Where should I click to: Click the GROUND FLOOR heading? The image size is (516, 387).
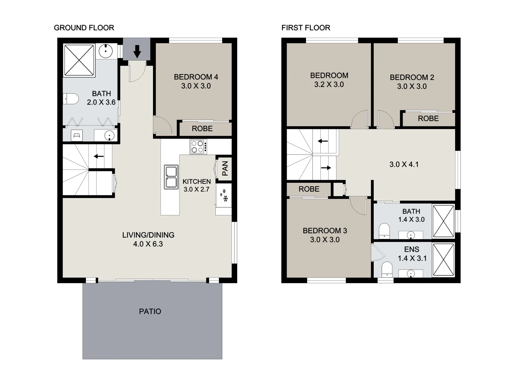(x=84, y=28)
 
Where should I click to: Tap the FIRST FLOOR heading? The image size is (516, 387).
(x=306, y=28)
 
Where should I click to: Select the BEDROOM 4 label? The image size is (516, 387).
(x=196, y=77)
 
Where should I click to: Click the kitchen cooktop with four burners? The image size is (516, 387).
(x=198, y=147)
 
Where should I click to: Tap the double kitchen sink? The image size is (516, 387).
(x=171, y=177)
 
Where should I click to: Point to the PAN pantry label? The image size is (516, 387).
(x=225, y=168)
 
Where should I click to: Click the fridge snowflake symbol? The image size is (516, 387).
(x=224, y=195)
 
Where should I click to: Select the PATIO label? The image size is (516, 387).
(x=150, y=311)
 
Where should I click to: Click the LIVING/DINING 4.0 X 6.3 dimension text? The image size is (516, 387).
(x=148, y=244)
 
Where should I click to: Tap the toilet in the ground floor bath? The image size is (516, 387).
(x=71, y=99)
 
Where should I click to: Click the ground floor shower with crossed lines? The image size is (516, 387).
(x=79, y=60)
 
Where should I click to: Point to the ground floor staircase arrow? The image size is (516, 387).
(x=99, y=156)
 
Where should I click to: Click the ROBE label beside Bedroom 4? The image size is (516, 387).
(x=202, y=129)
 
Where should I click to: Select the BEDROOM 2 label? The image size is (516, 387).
(x=412, y=77)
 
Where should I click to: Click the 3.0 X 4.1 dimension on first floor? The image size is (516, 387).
(x=404, y=164)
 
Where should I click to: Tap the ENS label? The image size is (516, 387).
(x=411, y=249)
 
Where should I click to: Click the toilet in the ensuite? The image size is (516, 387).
(x=387, y=269)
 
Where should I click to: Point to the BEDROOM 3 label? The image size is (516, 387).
(x=325, y=231)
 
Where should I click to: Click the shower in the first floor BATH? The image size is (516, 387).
(x=443, y=221)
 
